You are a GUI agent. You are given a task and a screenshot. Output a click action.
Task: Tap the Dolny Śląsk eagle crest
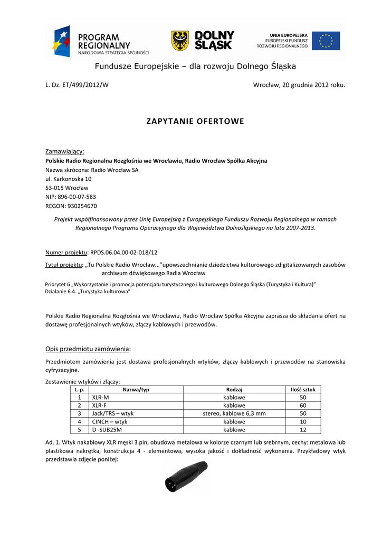180,41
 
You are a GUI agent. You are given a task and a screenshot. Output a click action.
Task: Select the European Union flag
326,41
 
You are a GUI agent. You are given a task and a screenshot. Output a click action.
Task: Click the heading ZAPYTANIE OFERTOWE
195,121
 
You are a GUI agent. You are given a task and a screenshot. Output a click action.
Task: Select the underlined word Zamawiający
65,151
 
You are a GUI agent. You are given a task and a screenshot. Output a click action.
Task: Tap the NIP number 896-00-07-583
71,197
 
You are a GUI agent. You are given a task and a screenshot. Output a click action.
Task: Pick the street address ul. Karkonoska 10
68,179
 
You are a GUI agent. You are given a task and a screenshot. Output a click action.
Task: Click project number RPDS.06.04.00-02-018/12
124,253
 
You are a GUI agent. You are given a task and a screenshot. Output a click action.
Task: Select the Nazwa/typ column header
136,389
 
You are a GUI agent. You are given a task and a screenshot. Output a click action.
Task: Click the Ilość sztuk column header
303,389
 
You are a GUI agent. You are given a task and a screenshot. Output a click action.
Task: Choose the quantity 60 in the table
303,406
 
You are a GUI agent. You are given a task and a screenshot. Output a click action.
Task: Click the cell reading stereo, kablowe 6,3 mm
234,413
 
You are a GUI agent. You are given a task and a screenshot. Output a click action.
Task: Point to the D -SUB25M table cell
107,430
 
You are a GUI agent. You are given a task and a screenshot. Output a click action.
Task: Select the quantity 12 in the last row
303,430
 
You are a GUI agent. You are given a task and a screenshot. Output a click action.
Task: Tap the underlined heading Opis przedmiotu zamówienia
87,349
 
